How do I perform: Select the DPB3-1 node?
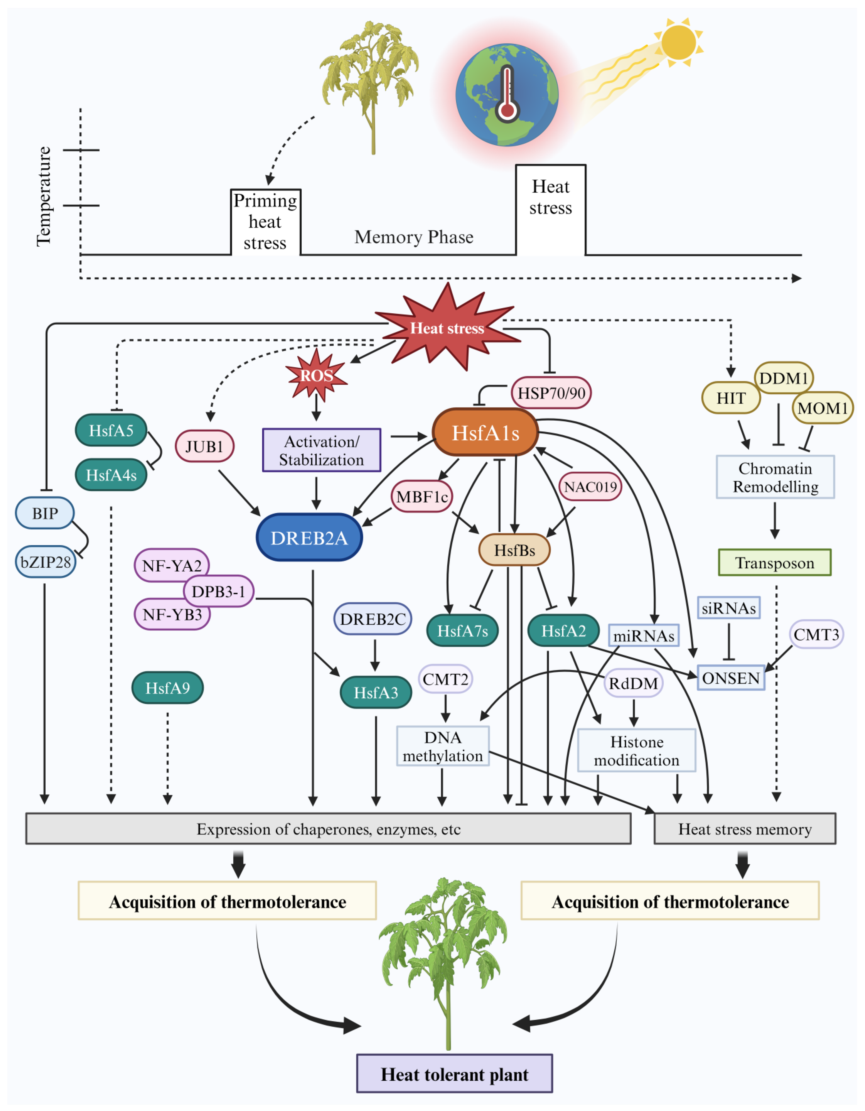point(218,591)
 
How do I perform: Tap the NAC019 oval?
point(590,487)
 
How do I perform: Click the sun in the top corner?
point(678,42)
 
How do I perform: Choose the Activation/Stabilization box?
point(321,450)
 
